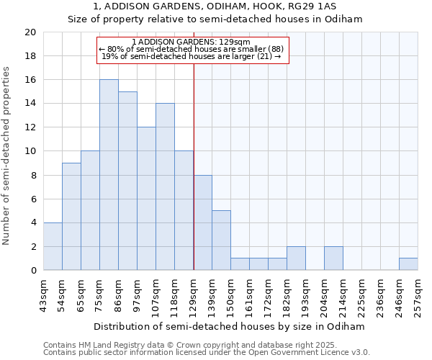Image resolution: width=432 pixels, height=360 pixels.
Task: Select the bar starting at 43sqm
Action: click(53, 246)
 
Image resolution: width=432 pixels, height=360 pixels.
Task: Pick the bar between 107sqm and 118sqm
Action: click(165, 186)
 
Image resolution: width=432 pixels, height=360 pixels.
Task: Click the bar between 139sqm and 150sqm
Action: click(221, 240)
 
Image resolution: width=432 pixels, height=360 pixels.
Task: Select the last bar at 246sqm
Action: click(408, 264)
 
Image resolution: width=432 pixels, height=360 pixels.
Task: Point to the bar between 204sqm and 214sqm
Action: click(333, 258)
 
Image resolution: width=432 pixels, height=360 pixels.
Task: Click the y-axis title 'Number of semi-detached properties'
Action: click(7, 156)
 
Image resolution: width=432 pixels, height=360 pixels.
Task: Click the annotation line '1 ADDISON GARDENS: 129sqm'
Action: click(192, 42)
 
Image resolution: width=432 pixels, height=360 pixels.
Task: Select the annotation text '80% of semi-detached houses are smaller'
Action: click(192, 49)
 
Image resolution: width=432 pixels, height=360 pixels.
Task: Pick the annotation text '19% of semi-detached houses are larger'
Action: click(191, 56)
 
